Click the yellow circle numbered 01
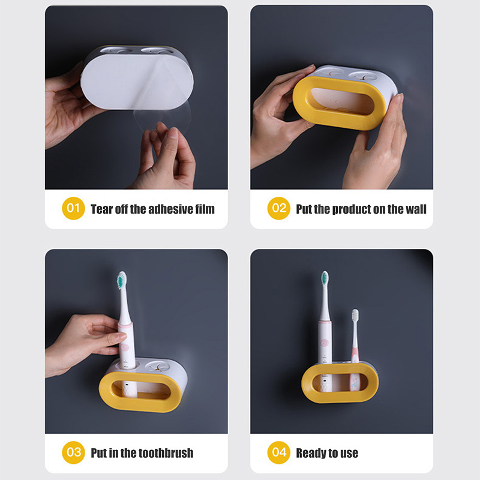pos(73,208)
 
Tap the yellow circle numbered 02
pos(278,208)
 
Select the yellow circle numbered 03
pos(73,452)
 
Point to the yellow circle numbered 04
pos(278,452)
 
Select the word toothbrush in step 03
pos(163,453)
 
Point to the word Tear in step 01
pos(101,209)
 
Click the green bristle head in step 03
pos(122,280)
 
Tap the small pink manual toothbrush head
pos(355,316)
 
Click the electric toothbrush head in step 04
pos(325,278)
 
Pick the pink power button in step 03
pos(125,347)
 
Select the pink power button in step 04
pos(324,342)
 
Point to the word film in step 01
pos(205,209)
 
